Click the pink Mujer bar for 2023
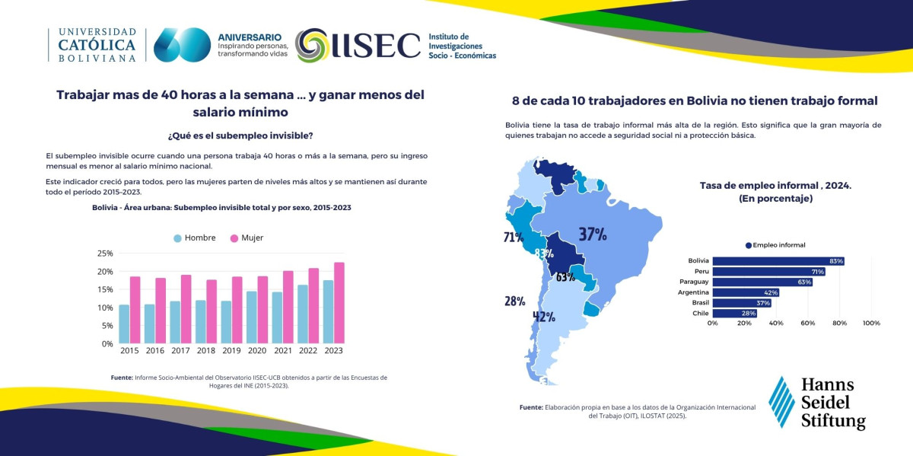coord(339,303)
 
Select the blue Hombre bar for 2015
coord(124,324)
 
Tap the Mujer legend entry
coord(247,238)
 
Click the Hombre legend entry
coord(195,238)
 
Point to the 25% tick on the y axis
coord(105,254)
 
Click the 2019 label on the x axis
coord(231,350)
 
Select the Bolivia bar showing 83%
coord(778,261)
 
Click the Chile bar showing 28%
coord(735,313)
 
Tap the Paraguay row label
coord(694,282)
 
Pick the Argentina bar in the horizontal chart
coord(746,292)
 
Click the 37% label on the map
coord(593,234)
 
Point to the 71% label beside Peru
coord(514,237)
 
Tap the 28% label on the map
coord(515,301)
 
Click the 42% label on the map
coord(544,317)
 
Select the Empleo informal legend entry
coord(775,245)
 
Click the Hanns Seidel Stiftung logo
coord(817,403)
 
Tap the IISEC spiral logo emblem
coord(312,45)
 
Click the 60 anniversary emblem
coord(182,45)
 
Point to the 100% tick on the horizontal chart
coord(871,323)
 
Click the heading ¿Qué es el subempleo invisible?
coord(240,136)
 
